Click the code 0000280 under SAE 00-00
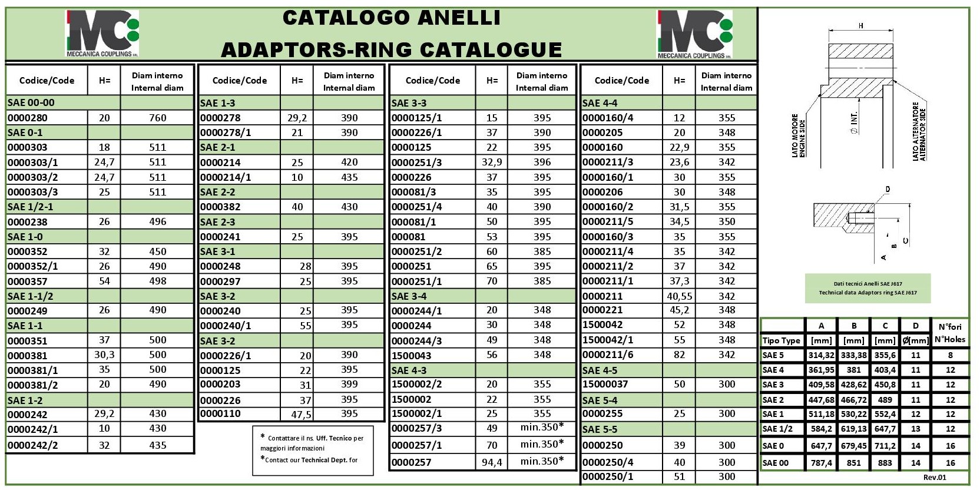point(27,118)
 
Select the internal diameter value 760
point(157,118)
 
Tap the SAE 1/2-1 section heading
point(30,207)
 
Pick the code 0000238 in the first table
point(27,222)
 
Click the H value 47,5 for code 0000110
point(301,415)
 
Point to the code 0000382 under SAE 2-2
point(220,207)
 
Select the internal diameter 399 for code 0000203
point(349,385)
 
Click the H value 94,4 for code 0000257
point(492,462)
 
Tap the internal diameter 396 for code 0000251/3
point(542,162)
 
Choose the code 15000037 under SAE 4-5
point(605,385)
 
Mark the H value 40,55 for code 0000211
point(679,296)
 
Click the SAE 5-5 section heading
point(600,429)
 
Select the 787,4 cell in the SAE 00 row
point(821,463)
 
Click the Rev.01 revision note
point(935,478)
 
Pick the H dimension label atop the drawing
point(861,25)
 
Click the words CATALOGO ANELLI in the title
point(391,18)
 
